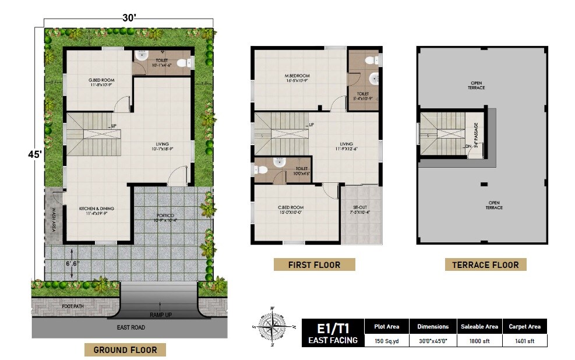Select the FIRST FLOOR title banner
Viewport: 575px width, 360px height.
pos(314,264)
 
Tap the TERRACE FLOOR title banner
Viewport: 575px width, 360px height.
pos(485,264)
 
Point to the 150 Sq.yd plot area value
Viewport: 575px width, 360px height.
pos(386,341)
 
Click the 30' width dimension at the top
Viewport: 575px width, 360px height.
pos(129,18)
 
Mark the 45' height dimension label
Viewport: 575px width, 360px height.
pos(35,154)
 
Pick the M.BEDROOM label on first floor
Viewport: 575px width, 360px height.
pos(297,76)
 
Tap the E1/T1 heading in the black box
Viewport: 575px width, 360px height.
pos(333,328)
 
